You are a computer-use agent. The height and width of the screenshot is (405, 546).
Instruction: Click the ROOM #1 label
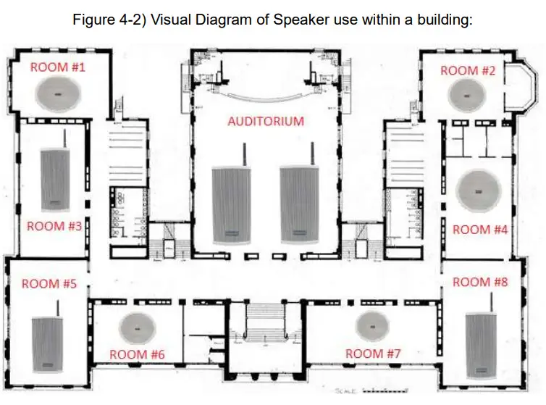58,67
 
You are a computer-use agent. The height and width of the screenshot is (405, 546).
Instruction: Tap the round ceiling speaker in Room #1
58,93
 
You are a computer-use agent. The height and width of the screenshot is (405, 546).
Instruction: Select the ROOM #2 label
468,71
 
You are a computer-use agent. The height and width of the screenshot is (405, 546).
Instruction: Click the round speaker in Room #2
466,95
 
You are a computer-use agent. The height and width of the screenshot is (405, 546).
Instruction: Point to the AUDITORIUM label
266,121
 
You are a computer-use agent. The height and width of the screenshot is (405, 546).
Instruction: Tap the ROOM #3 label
54,226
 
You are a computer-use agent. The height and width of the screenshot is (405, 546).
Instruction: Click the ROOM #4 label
480,230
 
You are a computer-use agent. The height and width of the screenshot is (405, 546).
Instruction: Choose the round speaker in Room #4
479,191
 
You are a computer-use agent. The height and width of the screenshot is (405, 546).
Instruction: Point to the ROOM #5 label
49,284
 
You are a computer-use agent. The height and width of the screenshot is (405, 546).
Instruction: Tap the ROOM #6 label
137,354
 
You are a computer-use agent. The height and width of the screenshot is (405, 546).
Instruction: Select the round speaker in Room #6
137,328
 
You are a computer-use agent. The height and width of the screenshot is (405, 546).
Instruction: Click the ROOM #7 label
373,354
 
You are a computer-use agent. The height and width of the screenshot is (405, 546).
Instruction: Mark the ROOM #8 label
480,282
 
